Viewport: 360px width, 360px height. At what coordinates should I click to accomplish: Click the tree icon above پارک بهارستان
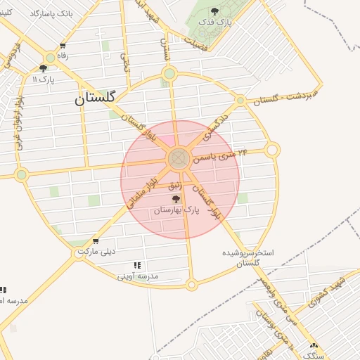pyautogui.click(x=176, y=200)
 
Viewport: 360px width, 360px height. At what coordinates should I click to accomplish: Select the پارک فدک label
pyautogui.click(x=215, y=22)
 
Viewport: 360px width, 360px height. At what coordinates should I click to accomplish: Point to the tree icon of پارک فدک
pyautogui.click(x=214, y=11)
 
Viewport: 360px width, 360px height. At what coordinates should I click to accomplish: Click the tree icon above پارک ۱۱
pyautogui.click(x=44, y=68)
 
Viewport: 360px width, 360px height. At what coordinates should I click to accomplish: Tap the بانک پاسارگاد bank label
pyautogui.click(x=51, y=13)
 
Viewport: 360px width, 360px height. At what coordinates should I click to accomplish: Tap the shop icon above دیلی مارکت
pyautogui.click(x=95, y=241)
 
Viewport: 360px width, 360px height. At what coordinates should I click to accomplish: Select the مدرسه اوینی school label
pyautogui.click(x=138, y=276)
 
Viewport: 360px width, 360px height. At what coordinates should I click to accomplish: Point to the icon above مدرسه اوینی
pyautogui.click(x=137, y=266)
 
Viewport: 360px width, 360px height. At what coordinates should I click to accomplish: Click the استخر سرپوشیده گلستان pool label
pyautogui.click(x=249, y=257)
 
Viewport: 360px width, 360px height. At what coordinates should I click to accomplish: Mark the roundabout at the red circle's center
pyautogui.click(x=179, y=159)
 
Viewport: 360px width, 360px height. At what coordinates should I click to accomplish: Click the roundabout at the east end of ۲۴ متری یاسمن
pyautogui.click(x=273, y=149)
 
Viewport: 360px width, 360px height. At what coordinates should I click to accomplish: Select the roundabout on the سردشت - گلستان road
pyautogui.click(x=240, y=101)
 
